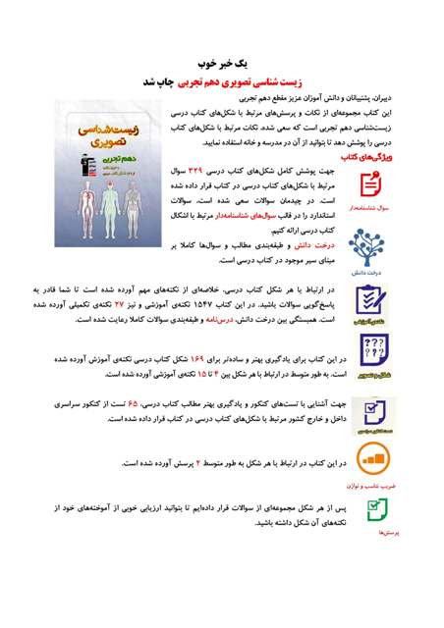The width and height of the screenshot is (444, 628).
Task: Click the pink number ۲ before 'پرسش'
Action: (x=197, y=461)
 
